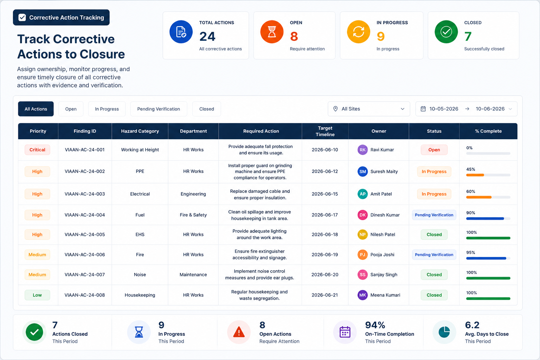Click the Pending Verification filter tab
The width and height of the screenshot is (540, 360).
[x=159, y=109]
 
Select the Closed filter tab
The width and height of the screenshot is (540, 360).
[x=207, y=109]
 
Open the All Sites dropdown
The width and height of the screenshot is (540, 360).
[x=369, y=109]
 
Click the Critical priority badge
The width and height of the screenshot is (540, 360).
[x=37, y=150]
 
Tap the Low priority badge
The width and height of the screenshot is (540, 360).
[x=37, y=295]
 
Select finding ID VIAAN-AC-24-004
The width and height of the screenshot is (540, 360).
[x=85, y=215]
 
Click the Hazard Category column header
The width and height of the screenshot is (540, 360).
[x=140, y=131]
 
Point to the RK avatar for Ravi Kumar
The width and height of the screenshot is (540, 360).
[x=362, y=150]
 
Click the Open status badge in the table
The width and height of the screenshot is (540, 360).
[x=434, y=150]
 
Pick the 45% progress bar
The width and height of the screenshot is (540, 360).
[x=488, y=175]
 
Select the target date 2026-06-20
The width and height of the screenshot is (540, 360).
[x=325, y=275]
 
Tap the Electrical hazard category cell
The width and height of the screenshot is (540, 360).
[x=140, y=194]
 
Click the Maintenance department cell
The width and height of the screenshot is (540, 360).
[x=193, y=275]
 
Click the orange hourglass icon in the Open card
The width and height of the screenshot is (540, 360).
[x=272, y=32]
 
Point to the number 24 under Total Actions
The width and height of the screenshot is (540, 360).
[x=207, y=37]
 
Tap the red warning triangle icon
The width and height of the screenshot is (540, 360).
[x=239, y=332]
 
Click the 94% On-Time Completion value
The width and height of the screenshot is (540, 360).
[x=375, y=325]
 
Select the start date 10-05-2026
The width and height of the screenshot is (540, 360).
[x=444, y=109]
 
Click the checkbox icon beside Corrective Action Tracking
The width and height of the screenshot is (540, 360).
[x=22, y=17]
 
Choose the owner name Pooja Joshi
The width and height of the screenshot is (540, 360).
[x=382, y=255]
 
